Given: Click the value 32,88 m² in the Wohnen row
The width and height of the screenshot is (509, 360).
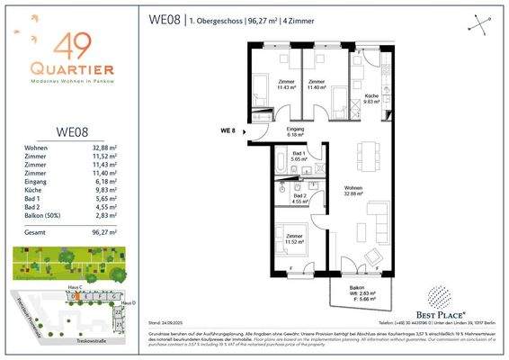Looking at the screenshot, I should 119,148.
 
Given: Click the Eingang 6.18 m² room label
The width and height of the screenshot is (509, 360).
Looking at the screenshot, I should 271,131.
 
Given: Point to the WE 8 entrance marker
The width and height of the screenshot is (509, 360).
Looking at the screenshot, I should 228,131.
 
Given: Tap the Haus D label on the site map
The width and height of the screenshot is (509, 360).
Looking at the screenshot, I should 127,302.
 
